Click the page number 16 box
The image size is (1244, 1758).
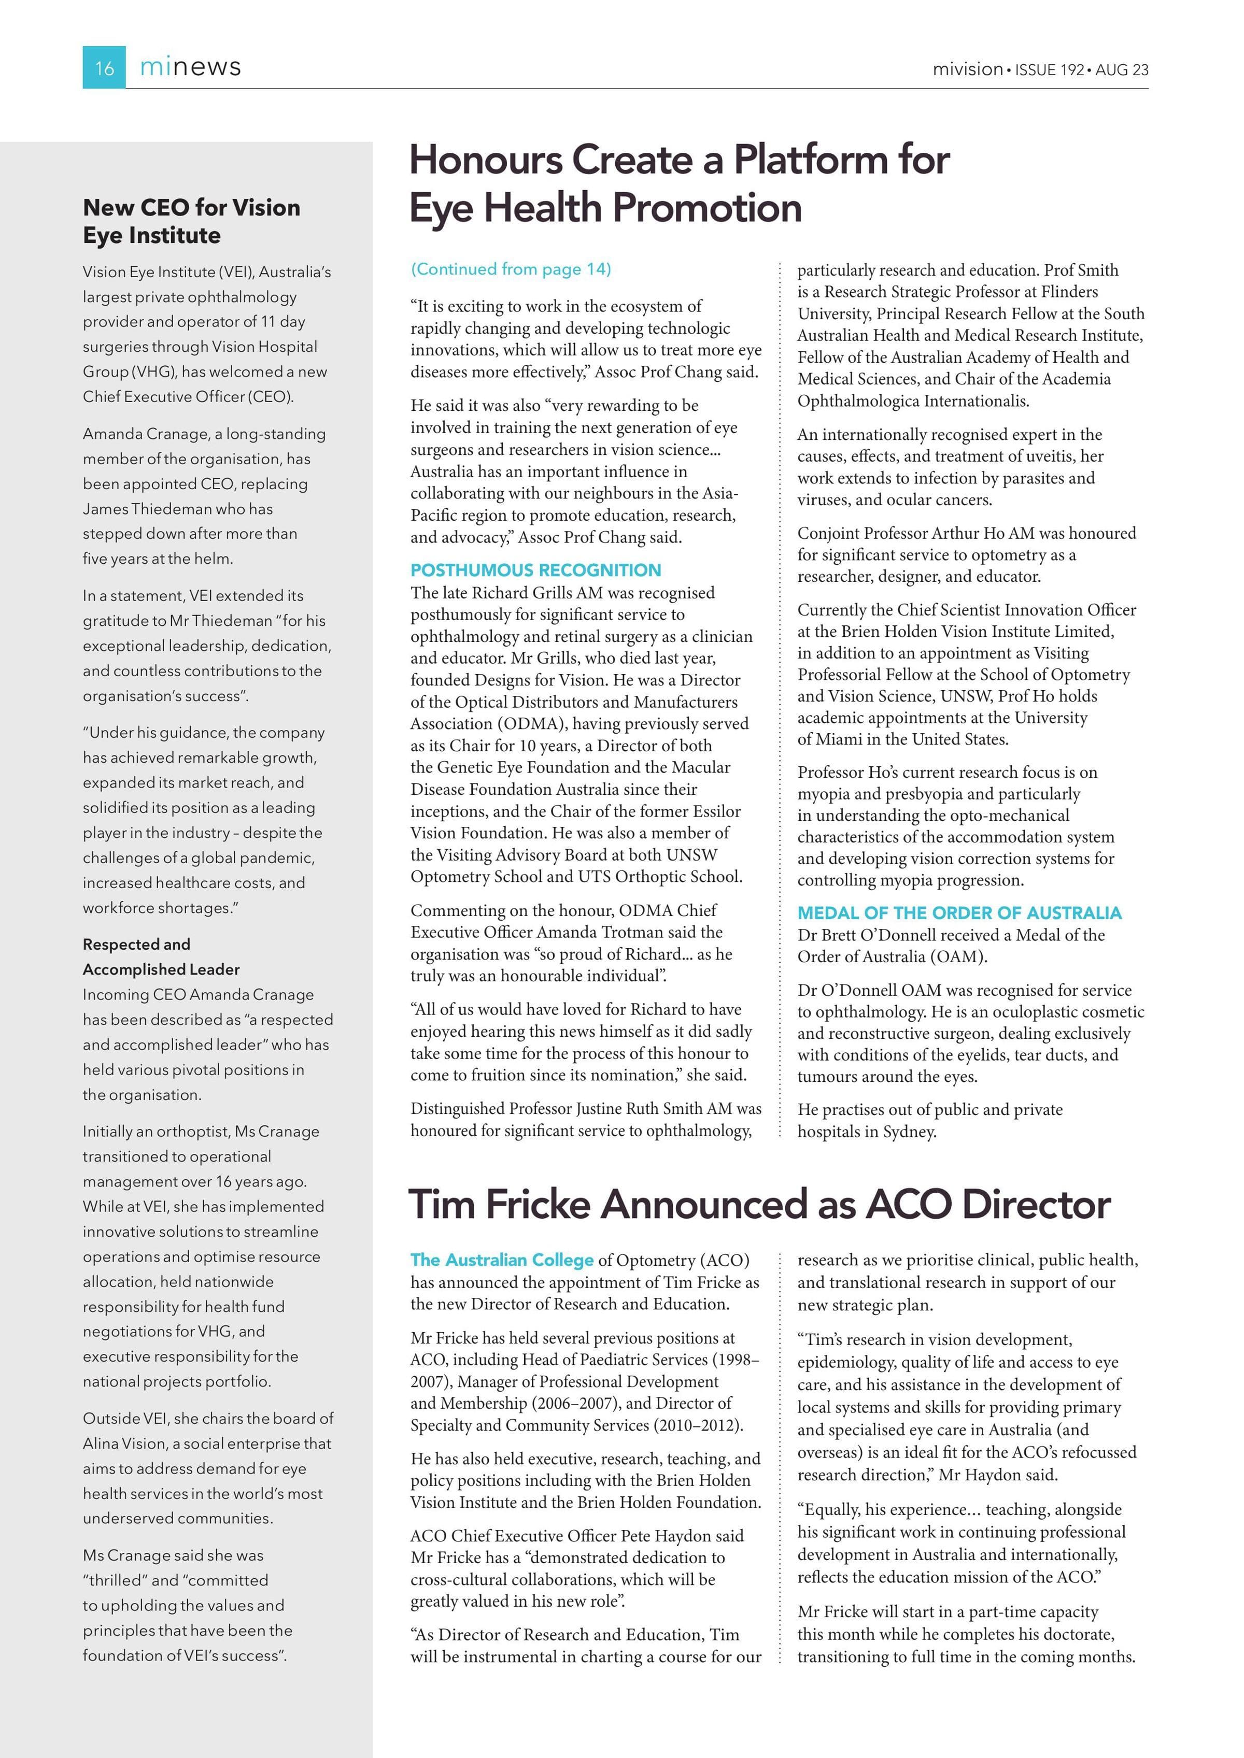click(x=104, y=67)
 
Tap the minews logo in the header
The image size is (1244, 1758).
click(x=190, y=67)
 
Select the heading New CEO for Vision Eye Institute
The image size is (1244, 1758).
click(x=191, y=221)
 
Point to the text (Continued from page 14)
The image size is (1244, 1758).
click(x=511, y=269)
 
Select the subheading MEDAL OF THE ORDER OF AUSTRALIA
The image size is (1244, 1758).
click(x=959, y=913)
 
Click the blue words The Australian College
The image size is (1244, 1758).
click(x=502, y=1260)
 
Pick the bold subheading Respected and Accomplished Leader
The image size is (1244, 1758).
click(x=161, y=956)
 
